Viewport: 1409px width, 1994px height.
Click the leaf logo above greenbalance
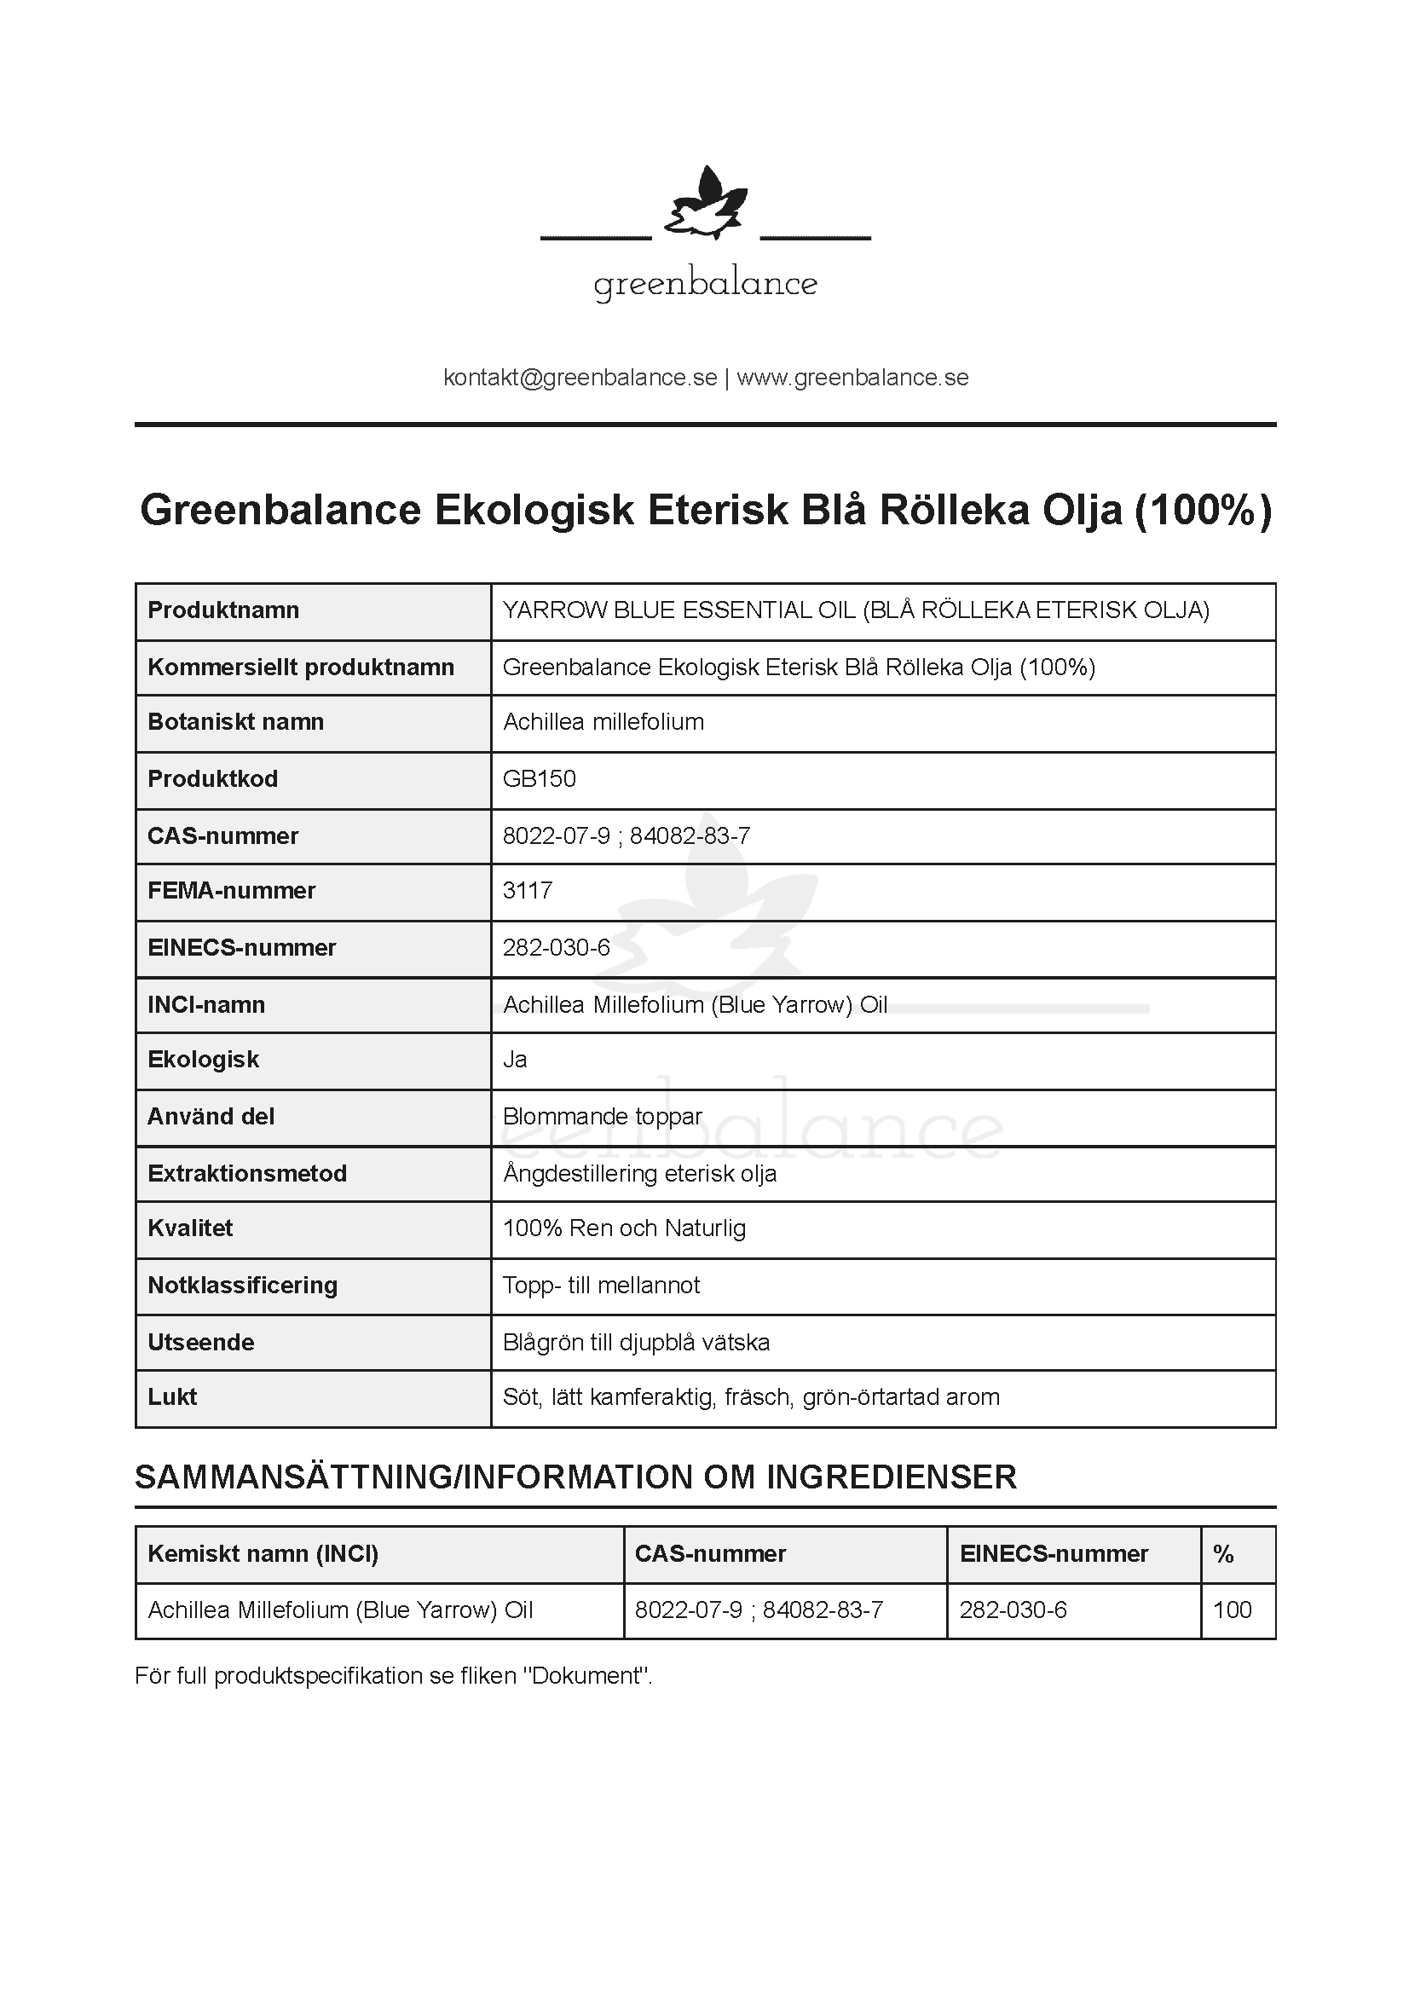coord(705,205)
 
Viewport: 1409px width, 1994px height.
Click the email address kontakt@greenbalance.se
coord(580,378)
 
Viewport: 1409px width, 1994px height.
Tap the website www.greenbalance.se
coord(852,378)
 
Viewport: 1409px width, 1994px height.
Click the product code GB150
coord(539,778)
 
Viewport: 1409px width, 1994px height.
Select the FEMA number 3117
coord(528,890)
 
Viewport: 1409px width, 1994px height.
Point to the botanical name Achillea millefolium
coord(603,722)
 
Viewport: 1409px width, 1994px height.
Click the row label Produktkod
coord(213,778)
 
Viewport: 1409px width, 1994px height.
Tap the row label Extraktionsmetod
coord(247,1173)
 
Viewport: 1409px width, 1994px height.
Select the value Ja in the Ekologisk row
coord(515,1060)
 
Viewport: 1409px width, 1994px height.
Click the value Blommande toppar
coord(603,1116)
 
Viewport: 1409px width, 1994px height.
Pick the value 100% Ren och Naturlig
coord(624,1228)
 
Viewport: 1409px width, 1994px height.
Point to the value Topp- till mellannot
coord(601,1286)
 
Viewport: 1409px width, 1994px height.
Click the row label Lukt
coord(172,1396)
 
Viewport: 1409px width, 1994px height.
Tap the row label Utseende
coord(200,1342)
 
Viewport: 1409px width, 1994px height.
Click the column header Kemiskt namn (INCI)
coord(263,1554)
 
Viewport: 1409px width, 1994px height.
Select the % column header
coord(1223,1554)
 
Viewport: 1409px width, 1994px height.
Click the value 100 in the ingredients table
coord(1232,1610)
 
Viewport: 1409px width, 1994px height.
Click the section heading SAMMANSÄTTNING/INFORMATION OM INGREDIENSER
coord(575,1477)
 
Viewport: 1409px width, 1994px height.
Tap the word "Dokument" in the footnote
coord(586,1675)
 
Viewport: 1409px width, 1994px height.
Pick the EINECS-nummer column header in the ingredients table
coord(1054,1554)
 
